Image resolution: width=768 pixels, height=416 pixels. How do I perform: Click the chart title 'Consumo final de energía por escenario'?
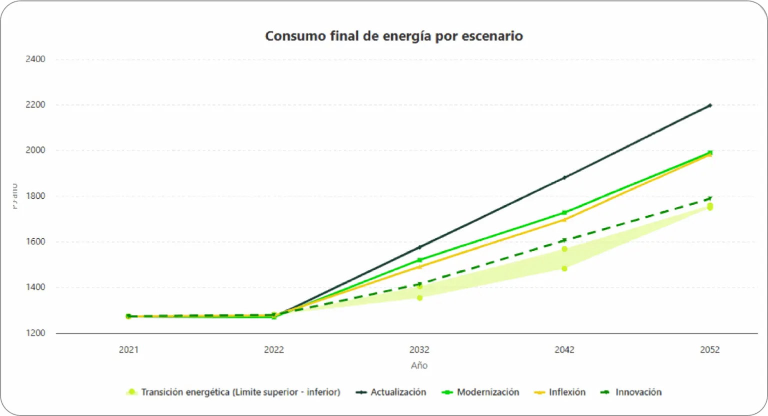(393, 36)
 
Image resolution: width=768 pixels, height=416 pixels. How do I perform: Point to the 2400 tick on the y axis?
(35, 59)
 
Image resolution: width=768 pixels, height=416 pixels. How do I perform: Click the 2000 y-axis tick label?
(35, 150)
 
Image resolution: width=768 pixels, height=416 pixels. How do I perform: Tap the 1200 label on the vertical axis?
(35, 333)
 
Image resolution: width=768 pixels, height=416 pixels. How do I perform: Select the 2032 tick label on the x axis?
(419, 349)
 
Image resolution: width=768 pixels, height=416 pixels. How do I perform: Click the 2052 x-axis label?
(709, 349)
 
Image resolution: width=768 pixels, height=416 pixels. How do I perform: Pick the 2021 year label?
(128, 349)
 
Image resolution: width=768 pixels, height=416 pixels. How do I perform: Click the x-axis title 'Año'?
(419, 365)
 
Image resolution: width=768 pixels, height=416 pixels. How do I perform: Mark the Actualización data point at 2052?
(709, 105)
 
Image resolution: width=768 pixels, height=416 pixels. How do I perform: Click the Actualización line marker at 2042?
(564, 178)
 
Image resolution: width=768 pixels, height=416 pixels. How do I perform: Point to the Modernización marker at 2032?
(419, 260)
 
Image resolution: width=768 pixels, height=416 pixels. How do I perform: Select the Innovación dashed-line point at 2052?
(709, 199)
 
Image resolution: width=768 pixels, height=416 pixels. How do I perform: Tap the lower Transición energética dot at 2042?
(564, 269)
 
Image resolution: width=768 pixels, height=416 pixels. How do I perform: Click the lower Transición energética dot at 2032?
(419, 298)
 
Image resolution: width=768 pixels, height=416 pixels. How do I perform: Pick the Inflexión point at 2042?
(564, 219)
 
